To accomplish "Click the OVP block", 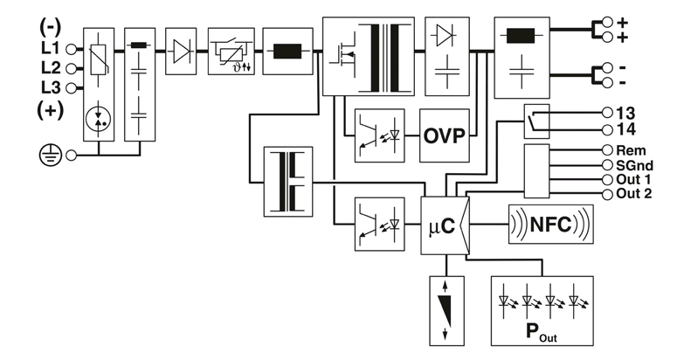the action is [x=445, y=135].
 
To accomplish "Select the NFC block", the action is [x=551, y=224].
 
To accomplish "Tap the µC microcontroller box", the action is [x=446, y=225].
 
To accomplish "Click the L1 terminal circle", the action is [x=72, y=49].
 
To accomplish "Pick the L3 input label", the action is [x=51, y=87].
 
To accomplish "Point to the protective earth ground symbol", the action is [x=51, y=156].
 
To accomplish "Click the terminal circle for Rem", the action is [x=607, y=150].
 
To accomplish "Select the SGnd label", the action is [x=635, y=165].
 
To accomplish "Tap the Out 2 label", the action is [x=634, y=193].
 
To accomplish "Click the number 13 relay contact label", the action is [x=626, y=113].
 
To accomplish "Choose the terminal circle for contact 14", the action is [x=607, y=129].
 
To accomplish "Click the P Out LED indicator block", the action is [x=542, y=311].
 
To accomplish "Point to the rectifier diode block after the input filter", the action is [x=181, y=52].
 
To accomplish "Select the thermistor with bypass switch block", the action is [x=231, y=52].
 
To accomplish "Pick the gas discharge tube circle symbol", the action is [x=99, y=119].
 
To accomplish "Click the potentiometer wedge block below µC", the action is [x=447, y=311].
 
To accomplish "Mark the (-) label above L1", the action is [x=51, y=28].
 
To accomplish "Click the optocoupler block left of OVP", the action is [x=379, y=135].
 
